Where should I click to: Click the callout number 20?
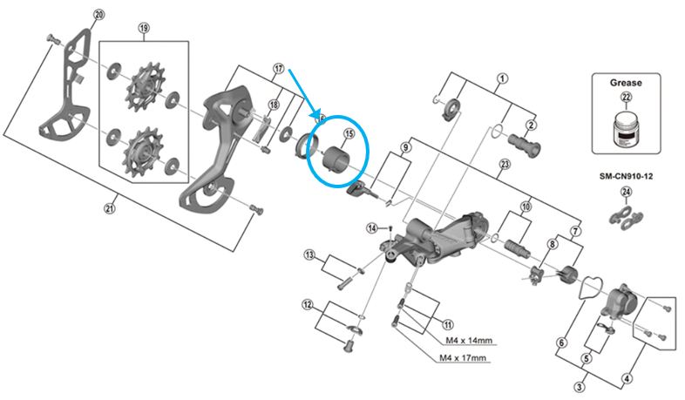point(98,15)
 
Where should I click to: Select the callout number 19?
point(144,28)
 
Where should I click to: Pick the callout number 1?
point(502,78)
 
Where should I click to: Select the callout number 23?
point(504,165)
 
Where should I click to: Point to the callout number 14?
point(372,228)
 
